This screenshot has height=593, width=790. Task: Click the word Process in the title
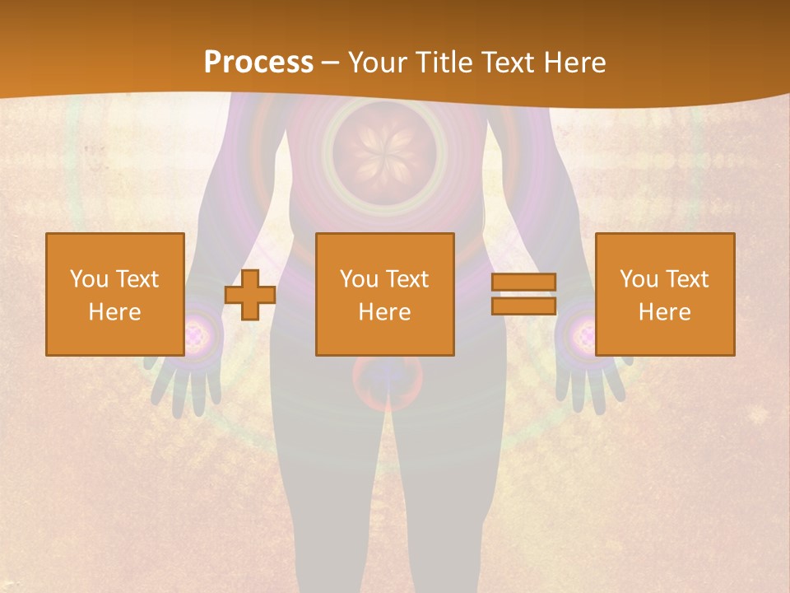[x=258, y=63]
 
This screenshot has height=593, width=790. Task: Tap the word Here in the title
[x=576, y=63]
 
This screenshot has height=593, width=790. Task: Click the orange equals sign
[x=523, y=294]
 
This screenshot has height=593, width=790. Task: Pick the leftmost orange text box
[x=115, y=294]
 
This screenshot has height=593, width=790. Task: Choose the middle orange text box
[x=385, y=294]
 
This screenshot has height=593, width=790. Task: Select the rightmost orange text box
[x=665, y=294]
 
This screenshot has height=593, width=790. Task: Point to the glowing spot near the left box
[x=195, y=334]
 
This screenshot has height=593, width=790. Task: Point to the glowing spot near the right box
[x=583, y=334]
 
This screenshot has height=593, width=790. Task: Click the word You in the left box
[x=90, y=279]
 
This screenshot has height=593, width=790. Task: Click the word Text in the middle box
[x=407, y=279]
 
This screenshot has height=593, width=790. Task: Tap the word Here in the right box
[x=665, y=312]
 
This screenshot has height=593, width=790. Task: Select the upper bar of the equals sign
[x=523, y=282]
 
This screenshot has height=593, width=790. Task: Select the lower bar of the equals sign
[x=523, y=306]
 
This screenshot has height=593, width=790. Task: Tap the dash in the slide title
[x=331, y=63]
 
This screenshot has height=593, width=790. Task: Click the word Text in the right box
[x=687, y=279]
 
